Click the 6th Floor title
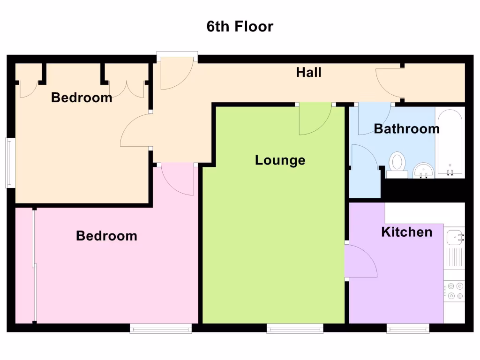pyautogui.click(x=240, y=27)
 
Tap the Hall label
pyautogui.click(x=308, y=73)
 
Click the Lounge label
pyautogui.click(x=280, y=160)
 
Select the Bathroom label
pyautogui.click(x=406, y=128)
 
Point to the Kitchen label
pyautogui.click(x=406, y=232)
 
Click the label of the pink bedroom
pyautogui.click(x=106, y=235)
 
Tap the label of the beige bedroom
pyautogui.click(x=82, y=97)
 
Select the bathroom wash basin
pyautogui.click(x=424, y=170)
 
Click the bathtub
pyautogui.click(x=450, y=142)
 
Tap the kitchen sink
pyautogui.click(x=454, y=238)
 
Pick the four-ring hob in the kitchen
pyautogui.click(x=454, y=291)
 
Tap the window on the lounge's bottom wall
pyautogui.click(x=295, y=329)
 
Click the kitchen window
pyautogui.click(x=408, y=329)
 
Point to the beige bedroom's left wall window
pyautogui.click(x=10, y=163)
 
